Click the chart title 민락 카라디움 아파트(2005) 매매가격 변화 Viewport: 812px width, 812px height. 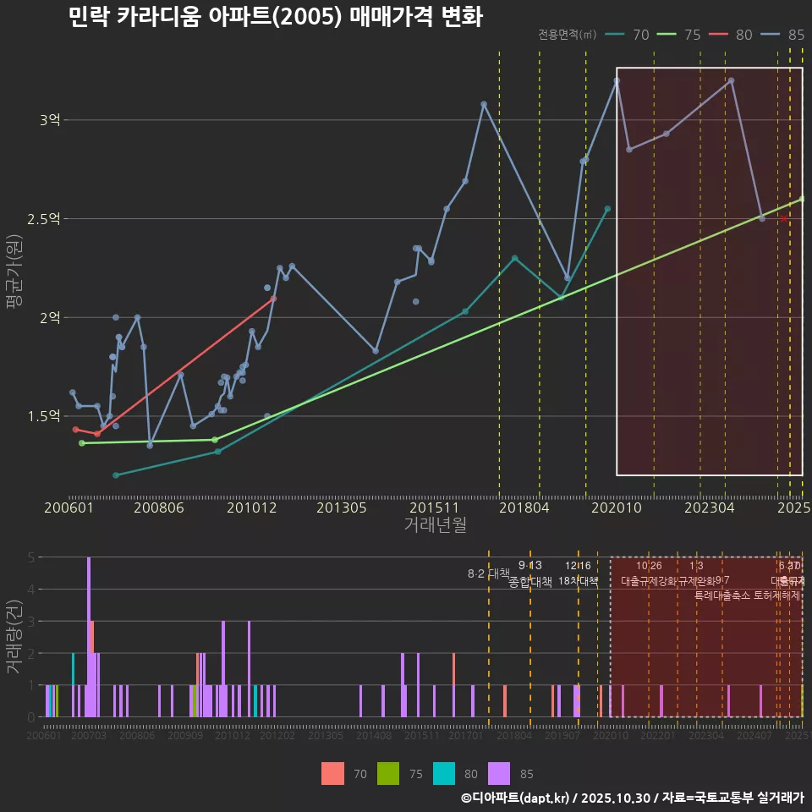tap(276, 16)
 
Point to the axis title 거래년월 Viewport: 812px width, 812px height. tap(435, 525)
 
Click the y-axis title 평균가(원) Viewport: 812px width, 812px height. tap(14, 273)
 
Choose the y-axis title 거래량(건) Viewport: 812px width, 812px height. tap(14, 637)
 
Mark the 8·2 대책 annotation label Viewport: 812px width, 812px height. tap(483, 573)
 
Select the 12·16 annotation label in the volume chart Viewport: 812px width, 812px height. tap(578, 566)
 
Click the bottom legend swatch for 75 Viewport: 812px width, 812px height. tap(387, 773)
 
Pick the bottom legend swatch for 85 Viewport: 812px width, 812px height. tap(499, 773)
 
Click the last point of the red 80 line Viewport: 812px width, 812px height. tap(273, 299)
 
